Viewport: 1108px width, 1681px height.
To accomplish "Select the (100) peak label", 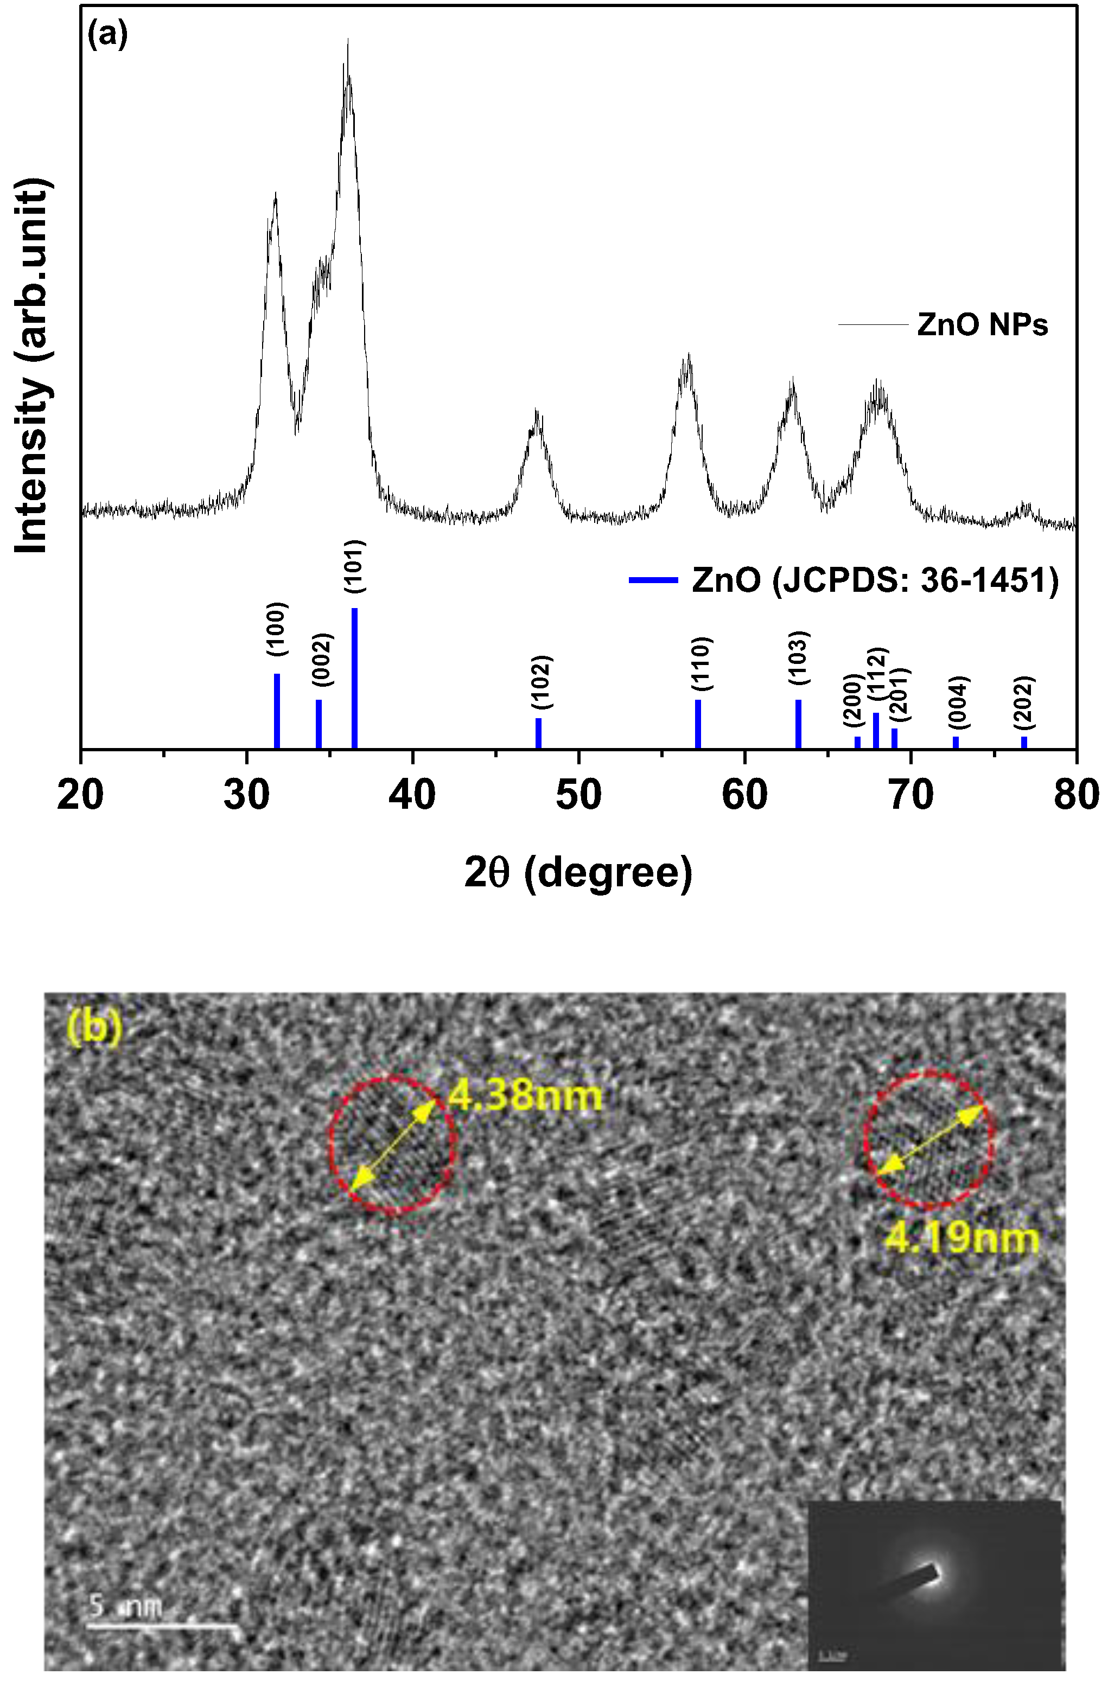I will [277, 629].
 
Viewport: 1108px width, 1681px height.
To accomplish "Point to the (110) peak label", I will [701, 663].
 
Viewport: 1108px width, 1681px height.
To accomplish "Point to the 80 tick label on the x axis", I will [1075, 795].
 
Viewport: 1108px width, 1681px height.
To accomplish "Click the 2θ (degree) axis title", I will [578, 872].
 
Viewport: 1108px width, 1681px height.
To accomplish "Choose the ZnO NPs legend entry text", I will [982, 325].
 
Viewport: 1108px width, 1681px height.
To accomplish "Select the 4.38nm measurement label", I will [525, 1096].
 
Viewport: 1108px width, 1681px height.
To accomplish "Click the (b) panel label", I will [95, 1028].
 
